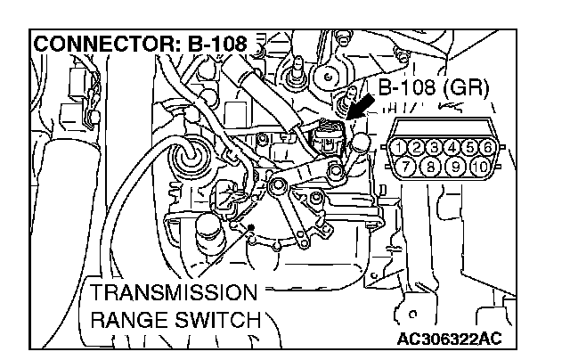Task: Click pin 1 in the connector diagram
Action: pos(403,147)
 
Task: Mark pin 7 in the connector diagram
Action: pos(410,165)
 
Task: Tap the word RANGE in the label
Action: pos(128,318)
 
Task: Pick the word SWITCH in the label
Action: pos(216,318)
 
